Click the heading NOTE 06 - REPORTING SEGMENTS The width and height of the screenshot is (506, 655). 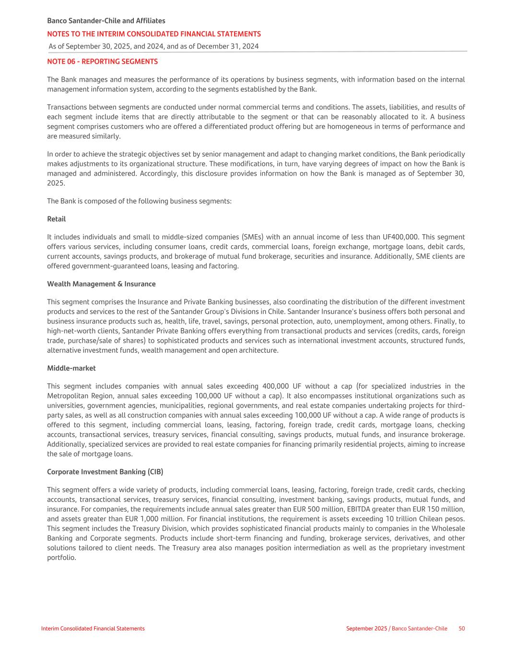point(102,61)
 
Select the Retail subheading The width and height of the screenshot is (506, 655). point(56,219)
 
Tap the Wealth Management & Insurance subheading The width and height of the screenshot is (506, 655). point(101,284)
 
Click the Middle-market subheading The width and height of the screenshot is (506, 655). point(71,368)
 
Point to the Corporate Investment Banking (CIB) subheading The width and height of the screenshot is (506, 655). point(105,472)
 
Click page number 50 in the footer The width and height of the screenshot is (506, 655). point(461,628)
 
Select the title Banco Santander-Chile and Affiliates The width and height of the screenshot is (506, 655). point(106,21)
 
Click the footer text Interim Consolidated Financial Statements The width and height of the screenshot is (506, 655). point(93,628)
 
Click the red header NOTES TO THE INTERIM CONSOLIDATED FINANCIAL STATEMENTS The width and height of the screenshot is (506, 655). point(154,34)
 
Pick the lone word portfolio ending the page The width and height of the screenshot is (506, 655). point(61,558)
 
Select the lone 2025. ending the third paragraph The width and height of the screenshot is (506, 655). point(56,183)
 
